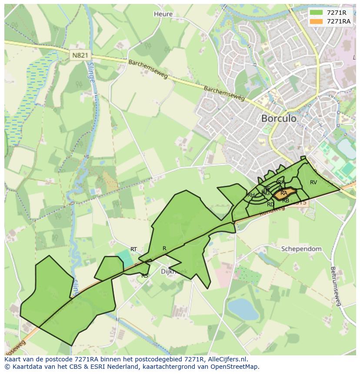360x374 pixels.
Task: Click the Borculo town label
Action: [279, 118]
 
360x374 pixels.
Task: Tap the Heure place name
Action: [163, 14]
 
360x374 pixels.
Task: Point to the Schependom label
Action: [301, 249]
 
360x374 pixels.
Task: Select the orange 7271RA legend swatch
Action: [316, 21]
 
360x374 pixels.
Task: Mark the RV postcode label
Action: [313, 182]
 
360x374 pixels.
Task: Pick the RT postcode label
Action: [133, 249]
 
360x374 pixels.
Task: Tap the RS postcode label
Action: [145, 276]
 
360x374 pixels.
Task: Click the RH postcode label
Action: [251, 195]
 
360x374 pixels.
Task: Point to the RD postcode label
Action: [270, 204]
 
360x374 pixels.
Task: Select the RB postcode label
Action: [286, 201]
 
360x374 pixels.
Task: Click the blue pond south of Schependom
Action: [243, 309]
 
